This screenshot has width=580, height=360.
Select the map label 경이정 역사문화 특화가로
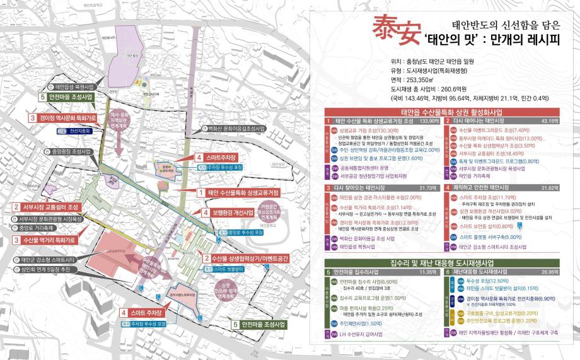coord(65,118)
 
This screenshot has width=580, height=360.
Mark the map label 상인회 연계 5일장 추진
coord(49,269)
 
